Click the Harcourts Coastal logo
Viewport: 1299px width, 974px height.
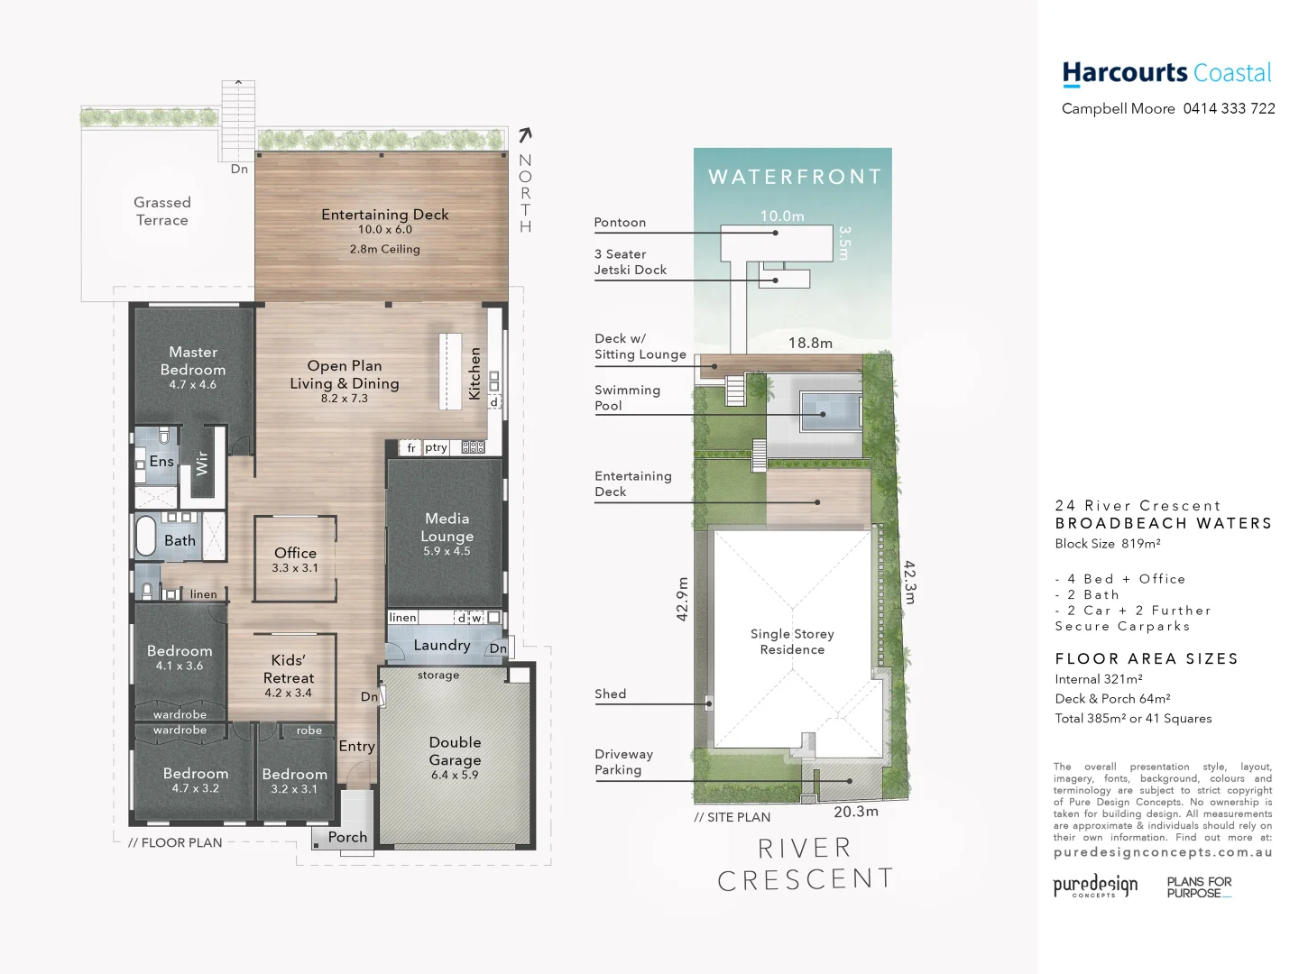[1166, 73]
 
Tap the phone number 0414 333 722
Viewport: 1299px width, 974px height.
[1229, 109]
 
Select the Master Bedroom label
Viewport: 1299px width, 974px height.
[193, 362]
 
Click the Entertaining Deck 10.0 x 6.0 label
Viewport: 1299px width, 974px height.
[385, 221]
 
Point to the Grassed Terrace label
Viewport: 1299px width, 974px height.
[162, 211]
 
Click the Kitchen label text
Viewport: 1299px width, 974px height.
[474, 373]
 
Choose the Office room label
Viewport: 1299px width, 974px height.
[295, 553]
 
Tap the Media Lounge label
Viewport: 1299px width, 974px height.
[447, 528]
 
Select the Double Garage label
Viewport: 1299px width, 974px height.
[455, 751]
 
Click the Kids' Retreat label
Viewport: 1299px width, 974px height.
[289, 669]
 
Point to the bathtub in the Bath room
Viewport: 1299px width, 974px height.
[146, 536]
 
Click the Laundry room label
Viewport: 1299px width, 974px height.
[442, 645]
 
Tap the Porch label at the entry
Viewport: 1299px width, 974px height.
[347, 837]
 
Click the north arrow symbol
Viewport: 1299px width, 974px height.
[525, 135]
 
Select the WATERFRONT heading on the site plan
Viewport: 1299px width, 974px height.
[795, 177]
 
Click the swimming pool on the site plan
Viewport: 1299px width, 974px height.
[823, 413]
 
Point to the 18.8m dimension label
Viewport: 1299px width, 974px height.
[810, 343]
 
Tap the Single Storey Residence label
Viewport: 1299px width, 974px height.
[792, 641]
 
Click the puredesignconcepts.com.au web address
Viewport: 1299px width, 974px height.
[1163, 852]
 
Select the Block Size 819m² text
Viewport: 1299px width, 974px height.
[1108, 544]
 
